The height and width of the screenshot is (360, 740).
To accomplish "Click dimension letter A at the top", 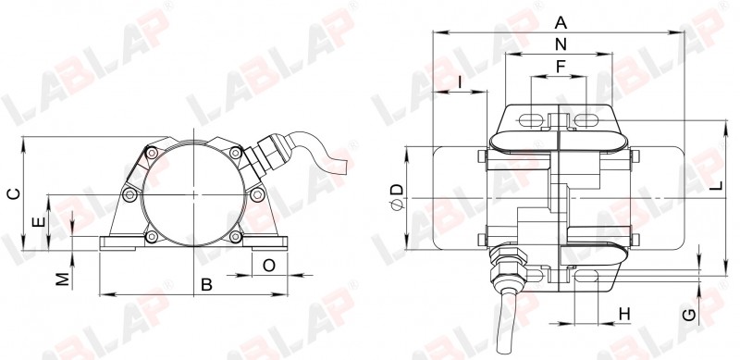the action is tap(561, 22).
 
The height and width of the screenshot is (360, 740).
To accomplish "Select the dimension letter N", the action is tap(561, 44).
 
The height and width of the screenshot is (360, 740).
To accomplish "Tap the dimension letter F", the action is tap(561, 67).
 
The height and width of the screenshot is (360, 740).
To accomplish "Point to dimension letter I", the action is tap(460, 82).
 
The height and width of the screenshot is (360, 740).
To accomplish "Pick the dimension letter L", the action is tap(717, 186).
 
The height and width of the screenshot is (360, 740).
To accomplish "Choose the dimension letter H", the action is tap(624, 314).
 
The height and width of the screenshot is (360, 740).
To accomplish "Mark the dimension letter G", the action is tap(689, 315).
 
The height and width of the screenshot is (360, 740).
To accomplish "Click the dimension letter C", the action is tap(15, 193).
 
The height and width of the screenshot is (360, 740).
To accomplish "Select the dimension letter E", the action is tap(40, 222).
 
